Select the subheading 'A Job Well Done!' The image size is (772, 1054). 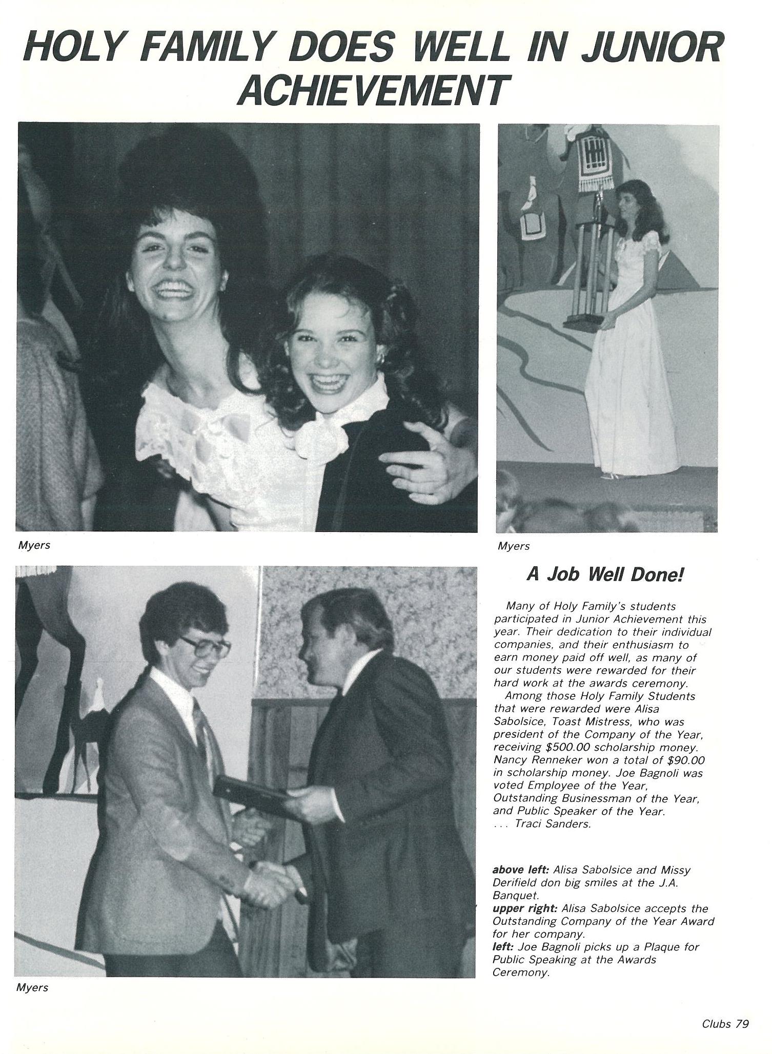click(x=605, y=574)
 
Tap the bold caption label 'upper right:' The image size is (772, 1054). click(x=525, y=908)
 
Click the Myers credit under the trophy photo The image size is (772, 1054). click(x=513, y=546)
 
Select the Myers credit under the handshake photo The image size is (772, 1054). click(x=32, y=987)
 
